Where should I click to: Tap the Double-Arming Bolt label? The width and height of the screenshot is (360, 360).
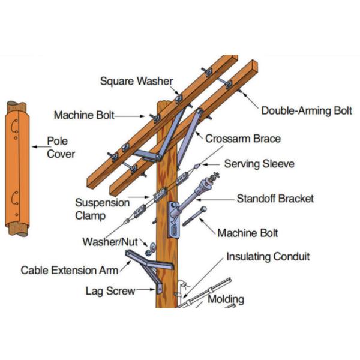point(306,111)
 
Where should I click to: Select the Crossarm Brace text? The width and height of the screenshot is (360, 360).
point(243,139)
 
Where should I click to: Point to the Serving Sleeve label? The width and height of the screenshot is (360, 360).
point(259,163)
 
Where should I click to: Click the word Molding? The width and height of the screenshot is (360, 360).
point(226,298)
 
